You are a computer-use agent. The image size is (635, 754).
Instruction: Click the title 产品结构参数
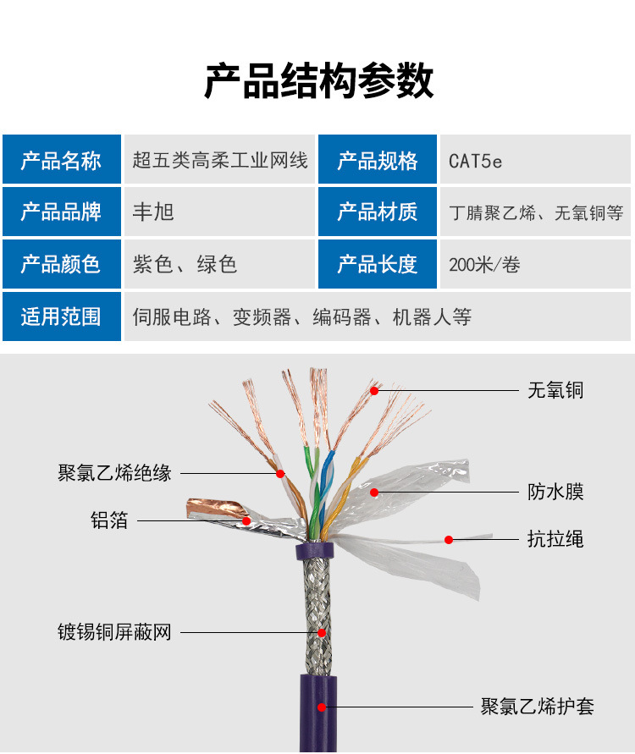point(318,81)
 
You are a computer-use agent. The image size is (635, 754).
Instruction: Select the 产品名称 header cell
point(61,160)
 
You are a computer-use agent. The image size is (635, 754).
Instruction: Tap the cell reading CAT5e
point(476,161)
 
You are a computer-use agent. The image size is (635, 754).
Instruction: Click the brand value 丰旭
point(153,212)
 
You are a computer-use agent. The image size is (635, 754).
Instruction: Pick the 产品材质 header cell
point(378,212)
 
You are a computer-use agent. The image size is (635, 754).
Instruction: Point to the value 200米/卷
point(484,265)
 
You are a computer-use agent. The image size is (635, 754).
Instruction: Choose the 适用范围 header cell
point(61,316)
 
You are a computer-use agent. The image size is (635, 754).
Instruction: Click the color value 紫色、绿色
point(185,264)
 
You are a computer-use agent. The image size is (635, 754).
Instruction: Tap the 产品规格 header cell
point(378,160)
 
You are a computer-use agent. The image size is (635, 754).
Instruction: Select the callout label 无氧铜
point(555,390)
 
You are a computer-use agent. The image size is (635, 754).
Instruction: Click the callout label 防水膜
point(555,492)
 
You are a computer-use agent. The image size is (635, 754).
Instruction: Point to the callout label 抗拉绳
point(555,539)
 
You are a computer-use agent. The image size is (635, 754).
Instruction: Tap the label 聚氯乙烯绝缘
point(115,473)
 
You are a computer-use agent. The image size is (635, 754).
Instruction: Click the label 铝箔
point(109,520)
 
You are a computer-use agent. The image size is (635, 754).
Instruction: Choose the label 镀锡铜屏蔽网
point(115,632)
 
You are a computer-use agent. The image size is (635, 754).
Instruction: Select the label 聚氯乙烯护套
point(538,706)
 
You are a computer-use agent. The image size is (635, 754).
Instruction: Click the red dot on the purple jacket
point(321,706)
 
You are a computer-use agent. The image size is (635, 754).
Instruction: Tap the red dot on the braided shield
point(322,632)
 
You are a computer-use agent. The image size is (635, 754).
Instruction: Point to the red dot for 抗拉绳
point(449,539)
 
